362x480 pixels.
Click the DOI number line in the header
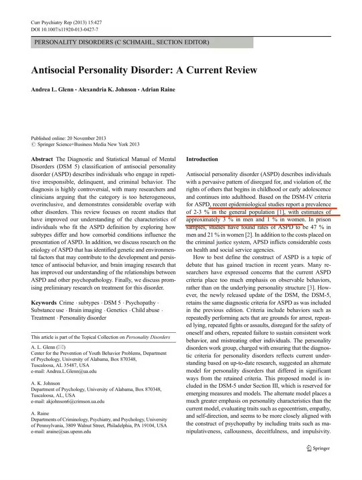click(64, 29)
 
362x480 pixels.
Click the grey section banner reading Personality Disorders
click(142, 42)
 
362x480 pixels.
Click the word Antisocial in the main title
click(53, 70)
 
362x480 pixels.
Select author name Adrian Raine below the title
click(158, 89)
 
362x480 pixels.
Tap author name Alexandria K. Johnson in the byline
click(107, 89)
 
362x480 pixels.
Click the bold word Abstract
click(42, 159)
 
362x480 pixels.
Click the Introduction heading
click(202, 159)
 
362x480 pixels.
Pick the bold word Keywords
click(44, 303)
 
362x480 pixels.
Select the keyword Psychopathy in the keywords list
click(140, 303)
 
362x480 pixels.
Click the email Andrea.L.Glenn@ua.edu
click(71, 371)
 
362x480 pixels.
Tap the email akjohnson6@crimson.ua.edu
click(75, 401)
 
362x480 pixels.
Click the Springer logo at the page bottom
click(318, 448)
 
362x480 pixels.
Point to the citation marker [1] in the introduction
click(281, 212)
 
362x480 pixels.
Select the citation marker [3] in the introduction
click(311, 288)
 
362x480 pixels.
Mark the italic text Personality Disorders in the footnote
click(148, 337)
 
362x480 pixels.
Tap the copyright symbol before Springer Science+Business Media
click(33, 145)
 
